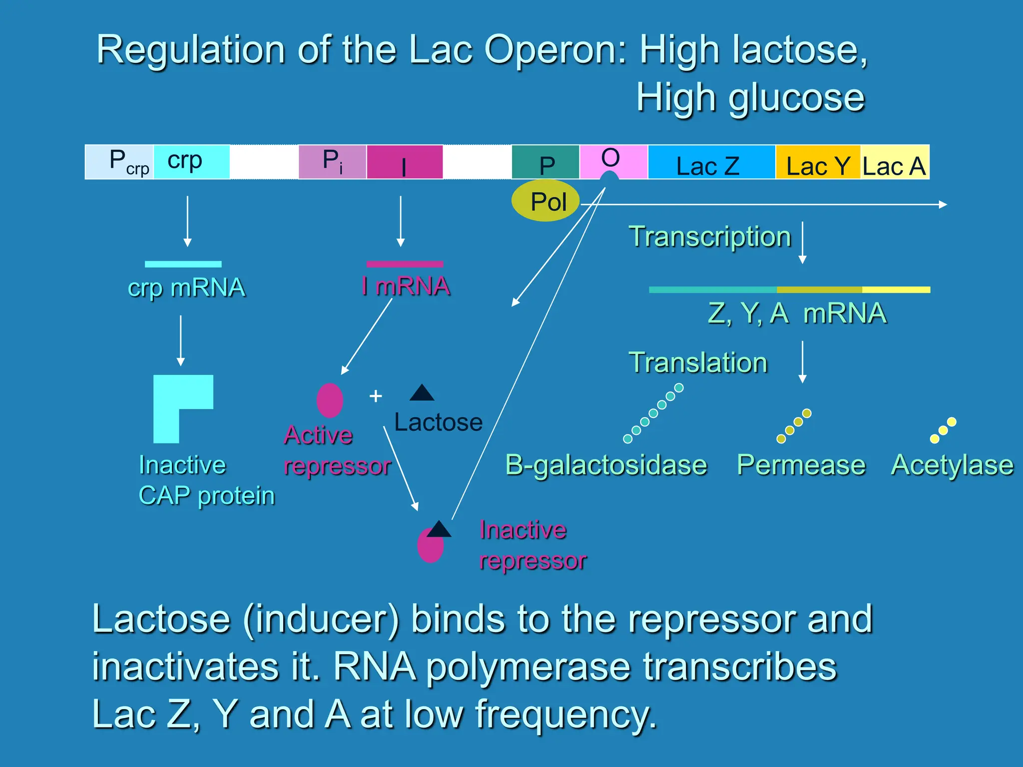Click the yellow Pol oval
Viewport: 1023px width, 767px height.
pyautogui.click(x=545, y=201)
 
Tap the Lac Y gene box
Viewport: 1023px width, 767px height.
pyautogui.click(x=818, y=162)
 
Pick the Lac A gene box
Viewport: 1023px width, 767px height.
pyautogui.click(x=894, y=162)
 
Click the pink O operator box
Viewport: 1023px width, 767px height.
pyautogui.click(x=613, y=159)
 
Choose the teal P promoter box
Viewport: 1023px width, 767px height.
pyautogui.click(x=545, y=162)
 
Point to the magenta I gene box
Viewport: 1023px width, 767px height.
pyautogui.click(x=405, y=162)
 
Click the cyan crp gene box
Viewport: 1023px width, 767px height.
pyautogui.click(x=191, y=162)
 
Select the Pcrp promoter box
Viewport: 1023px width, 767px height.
pyautogui.click(x=119, y=162)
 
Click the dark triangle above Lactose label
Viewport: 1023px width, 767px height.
pyautogui.click(x=422, y=394)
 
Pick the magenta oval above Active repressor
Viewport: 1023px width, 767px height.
pyautogui.click(x=330, y=400)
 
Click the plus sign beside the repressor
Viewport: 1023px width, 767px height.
pyautogui.click(x=376, y=396)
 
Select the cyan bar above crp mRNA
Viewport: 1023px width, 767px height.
pyautogui.click(x=183, y=264)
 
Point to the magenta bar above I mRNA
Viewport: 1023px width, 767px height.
pyautogui.click(x=405, y=264)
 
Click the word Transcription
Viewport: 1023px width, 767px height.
pyautogui.click(x=710, y=237)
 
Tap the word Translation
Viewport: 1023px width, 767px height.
pyautogui.click(x=698, y=363)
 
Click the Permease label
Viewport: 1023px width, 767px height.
pyautogui.click(x=801, y=465)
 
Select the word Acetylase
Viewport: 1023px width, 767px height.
pyautogui.click(x=952, y=465)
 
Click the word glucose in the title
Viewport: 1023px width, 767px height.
pyautogui.click(x=796, y=98)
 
